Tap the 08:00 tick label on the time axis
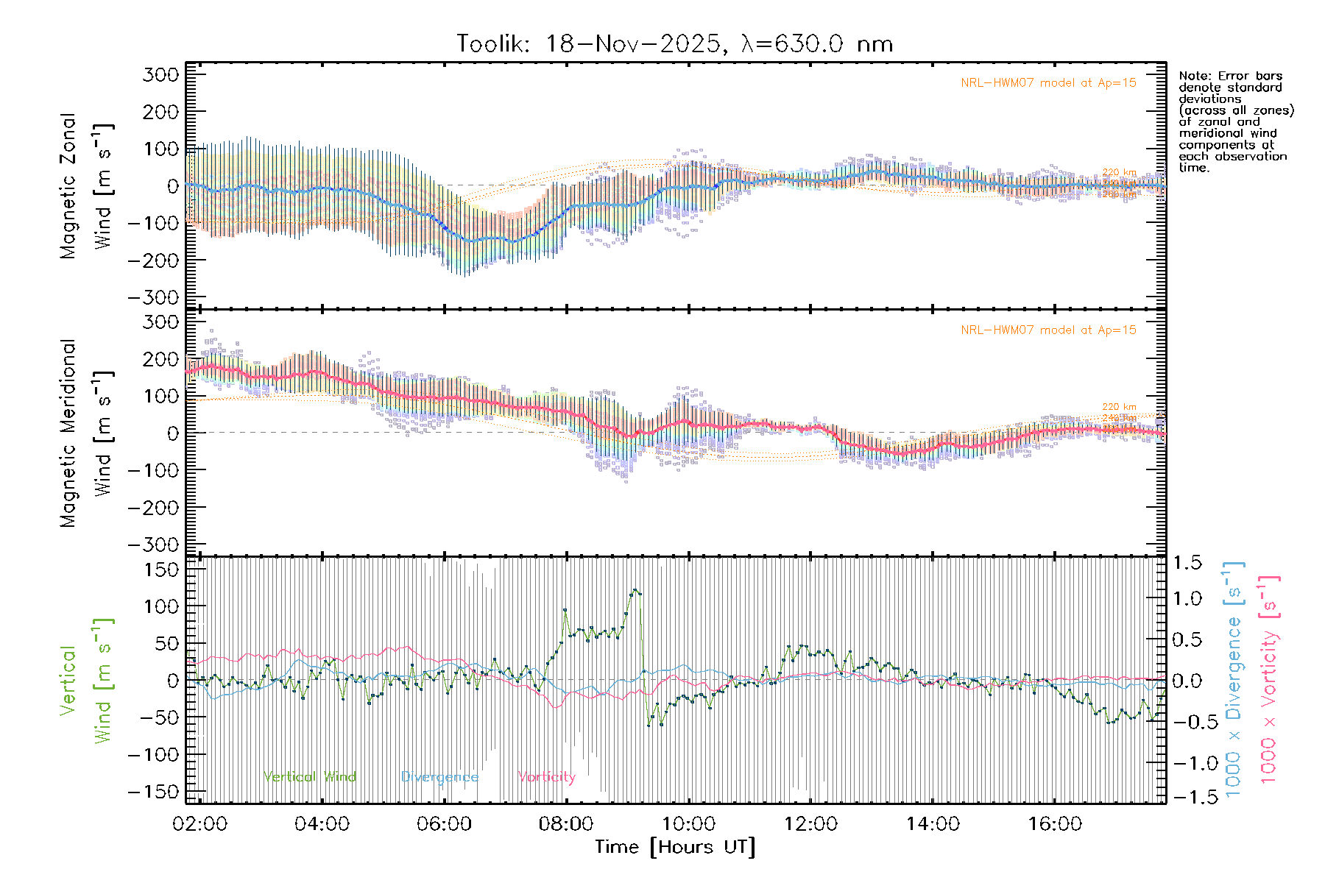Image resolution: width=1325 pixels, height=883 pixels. (566, 823)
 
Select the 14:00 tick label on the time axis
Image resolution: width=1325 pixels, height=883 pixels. (933, 823)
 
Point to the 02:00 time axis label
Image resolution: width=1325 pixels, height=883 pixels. (199, 823)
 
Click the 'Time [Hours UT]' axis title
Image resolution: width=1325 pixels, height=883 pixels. (675, 847)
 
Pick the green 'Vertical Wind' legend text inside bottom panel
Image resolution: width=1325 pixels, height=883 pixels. (310, 777)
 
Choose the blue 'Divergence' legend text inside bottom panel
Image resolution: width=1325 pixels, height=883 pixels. (439, 777)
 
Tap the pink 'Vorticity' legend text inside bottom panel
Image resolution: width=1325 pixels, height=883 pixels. (546, 777)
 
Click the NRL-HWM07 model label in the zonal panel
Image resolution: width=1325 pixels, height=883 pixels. (1048, 83)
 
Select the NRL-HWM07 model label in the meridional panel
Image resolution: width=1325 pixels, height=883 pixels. (1048, 330)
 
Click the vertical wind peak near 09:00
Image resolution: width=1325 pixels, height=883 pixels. (635, 590)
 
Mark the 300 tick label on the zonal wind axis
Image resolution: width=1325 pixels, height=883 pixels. (161, 74)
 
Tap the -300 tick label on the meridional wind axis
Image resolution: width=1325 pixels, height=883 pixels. (154, 545)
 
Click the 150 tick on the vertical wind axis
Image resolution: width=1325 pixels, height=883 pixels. (161, 570)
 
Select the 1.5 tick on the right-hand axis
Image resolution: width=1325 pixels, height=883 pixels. (1187, 563)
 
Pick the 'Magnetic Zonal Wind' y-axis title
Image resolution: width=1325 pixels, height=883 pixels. (86, 185)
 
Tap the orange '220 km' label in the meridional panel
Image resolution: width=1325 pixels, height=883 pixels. (1119, 407)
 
